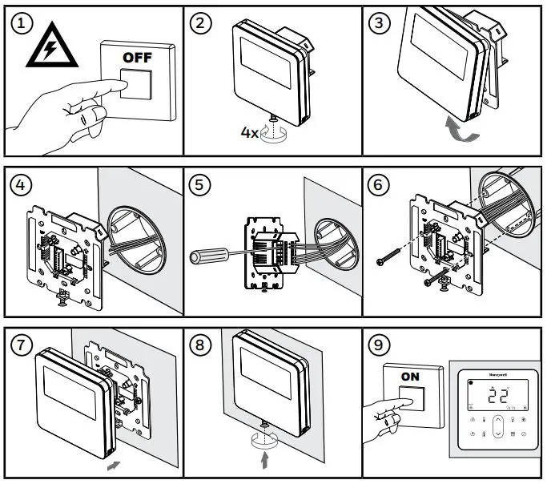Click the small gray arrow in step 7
pos(115,464)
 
